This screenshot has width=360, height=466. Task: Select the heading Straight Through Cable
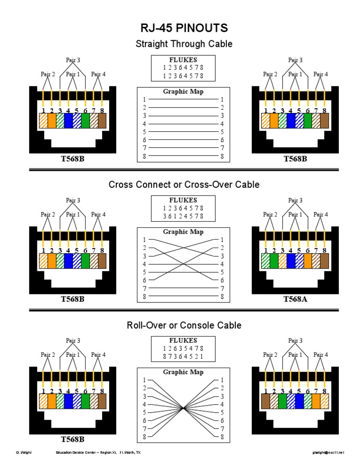(183, 44)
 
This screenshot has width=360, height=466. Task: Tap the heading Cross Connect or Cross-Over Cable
(184, 184)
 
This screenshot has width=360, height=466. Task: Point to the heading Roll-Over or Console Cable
(184, 325)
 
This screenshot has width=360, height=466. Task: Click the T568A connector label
(295, 299)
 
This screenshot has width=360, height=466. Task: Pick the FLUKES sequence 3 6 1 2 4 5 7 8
(183, 216)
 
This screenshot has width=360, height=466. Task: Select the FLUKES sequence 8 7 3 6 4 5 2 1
(183, 357)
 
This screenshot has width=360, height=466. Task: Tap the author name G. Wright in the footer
(23, 453)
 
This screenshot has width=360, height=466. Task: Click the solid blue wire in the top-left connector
(68, 121)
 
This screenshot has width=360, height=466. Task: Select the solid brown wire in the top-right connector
(324, 121)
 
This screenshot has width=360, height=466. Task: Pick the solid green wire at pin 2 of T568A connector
(274, 261)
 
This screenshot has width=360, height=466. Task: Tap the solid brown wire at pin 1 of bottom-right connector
(265, 401)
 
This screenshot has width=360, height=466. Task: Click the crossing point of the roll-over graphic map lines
(183, 408)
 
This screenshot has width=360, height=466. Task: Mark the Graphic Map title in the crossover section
(183, 232)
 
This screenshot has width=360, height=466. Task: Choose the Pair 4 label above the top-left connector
(98, 74)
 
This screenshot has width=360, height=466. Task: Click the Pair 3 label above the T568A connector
(295, 201)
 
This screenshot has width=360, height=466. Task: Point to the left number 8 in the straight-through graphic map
(145, 156)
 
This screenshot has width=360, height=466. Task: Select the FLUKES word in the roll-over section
(183, 340)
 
